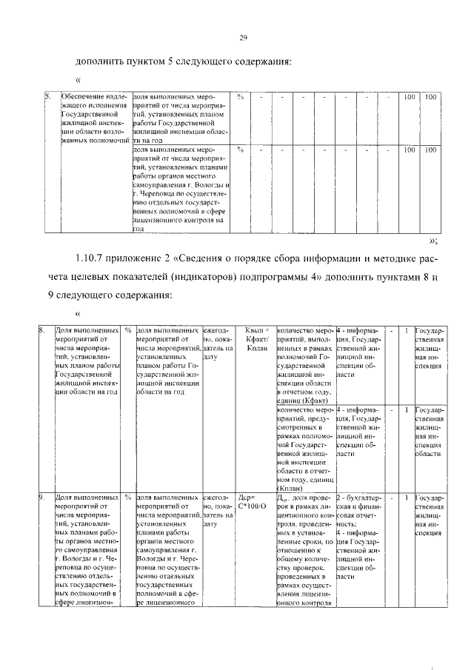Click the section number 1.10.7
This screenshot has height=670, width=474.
click(92, 258)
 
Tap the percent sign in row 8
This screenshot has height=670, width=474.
click(128, 330)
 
